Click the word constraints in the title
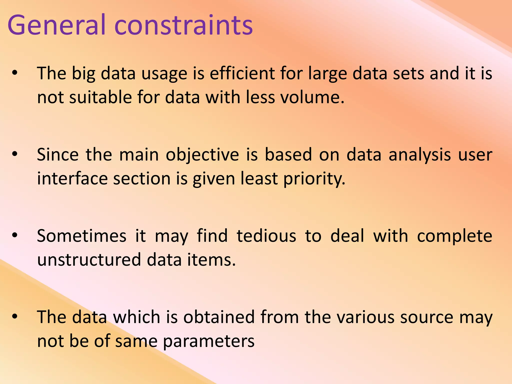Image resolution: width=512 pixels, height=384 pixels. pyautogui.click(x=184, y=25)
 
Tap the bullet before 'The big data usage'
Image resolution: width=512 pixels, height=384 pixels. pyautogui.click(x=15, y=73)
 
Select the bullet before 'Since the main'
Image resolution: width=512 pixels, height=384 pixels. pyautogui.click(x=15, y=154)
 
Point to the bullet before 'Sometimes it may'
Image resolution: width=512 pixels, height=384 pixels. pyautogui.click(x=15, y=235)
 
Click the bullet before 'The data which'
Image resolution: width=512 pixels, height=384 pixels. pyautogui.click(x=15, y=316)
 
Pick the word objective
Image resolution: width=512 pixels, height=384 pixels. pyautogui.click(x=202, y=155)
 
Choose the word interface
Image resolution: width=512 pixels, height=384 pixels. pyautogui.click(x=72, y=178)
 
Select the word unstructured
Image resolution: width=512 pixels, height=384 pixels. pyautogui.click(x=89, y=260)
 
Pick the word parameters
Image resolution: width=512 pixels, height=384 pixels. pyautogui.click(x=209, y=341)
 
